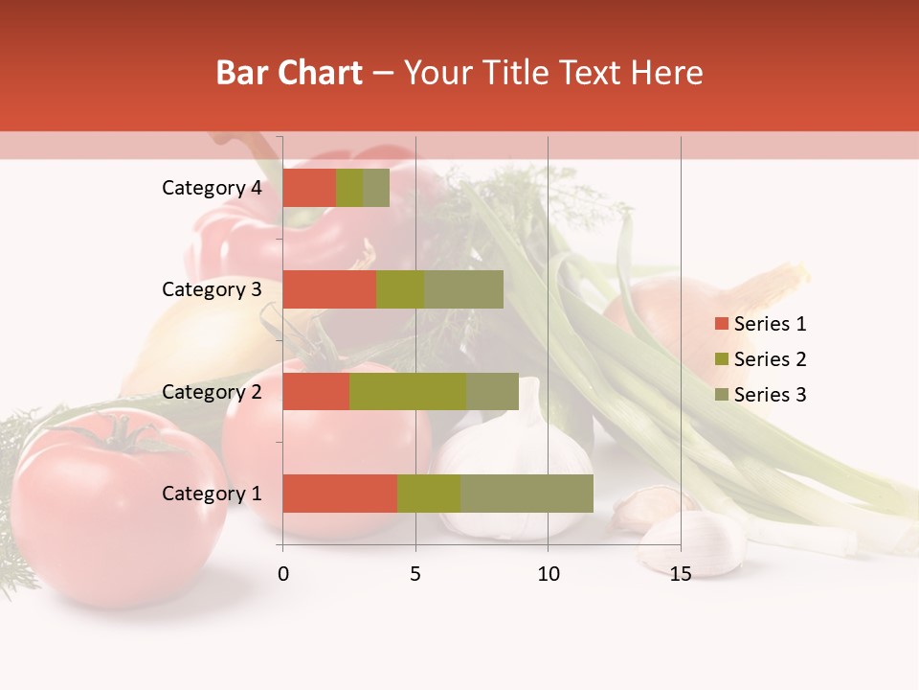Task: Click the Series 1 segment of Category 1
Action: [x=340, y=494]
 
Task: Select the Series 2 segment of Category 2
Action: [x=408, y=391]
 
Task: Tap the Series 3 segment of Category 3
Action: [x=463, y=289]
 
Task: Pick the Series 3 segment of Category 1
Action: [x=527, y=494]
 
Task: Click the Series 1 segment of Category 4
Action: [x=309, y=188]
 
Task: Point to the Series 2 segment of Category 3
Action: [x=400, y=289]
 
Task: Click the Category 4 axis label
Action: [x=212, y=188]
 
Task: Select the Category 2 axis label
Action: [x=212, y=391]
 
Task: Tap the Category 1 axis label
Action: [x=212, y=494]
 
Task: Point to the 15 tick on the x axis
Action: [x=680, y=574]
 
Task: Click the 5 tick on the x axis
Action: [x=415, y=574]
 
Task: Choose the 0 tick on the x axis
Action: [x=283, y=574]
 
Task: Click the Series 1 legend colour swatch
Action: [x=721, y=324]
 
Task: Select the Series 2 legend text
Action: [x=770, y=359]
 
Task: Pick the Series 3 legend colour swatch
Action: [x=721, y=395]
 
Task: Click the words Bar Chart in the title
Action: [x=289, y=73]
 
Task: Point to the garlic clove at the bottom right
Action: [x=694, y=542]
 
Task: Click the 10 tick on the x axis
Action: [x=548, y=574]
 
